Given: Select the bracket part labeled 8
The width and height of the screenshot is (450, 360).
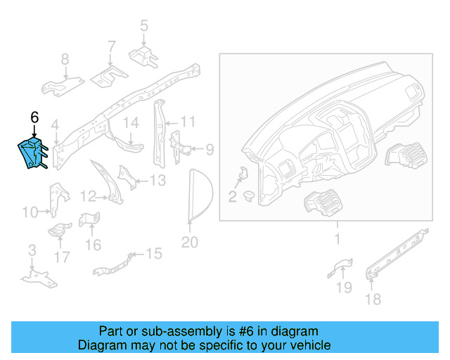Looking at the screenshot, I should point(60,86).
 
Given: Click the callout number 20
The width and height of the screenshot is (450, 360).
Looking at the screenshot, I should point(190,243).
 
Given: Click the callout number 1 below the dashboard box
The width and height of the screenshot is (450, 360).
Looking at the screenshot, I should point(336,240).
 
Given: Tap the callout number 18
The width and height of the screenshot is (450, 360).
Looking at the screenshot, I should point(373,300).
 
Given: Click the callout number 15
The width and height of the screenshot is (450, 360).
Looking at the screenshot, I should point(153,253).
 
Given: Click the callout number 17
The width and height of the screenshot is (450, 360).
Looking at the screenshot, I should point(63,257).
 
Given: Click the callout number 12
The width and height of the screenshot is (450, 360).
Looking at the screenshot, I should point(88,196).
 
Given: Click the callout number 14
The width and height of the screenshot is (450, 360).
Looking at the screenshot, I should point(132,124).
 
